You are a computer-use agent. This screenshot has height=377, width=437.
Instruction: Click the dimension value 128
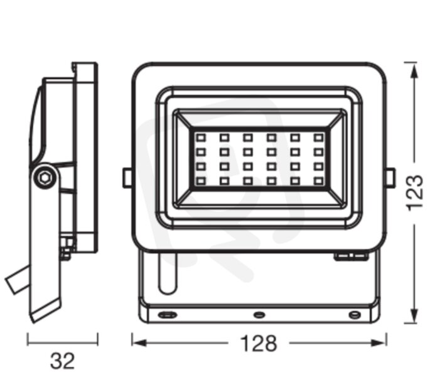(259, 343)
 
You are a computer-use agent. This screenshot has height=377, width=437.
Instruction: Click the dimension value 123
(414, 193)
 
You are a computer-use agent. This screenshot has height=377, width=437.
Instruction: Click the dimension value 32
(62, 361)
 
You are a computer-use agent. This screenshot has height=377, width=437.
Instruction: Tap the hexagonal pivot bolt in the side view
(45, 177)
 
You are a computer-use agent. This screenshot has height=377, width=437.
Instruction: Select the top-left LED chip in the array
(201, 138)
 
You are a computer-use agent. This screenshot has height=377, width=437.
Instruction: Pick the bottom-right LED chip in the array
(318, 181)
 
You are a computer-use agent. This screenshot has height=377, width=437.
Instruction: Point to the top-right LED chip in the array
(318, 138)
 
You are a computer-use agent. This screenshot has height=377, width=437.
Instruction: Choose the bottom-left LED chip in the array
(201, 181)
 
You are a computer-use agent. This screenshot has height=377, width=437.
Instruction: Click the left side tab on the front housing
(127, 178)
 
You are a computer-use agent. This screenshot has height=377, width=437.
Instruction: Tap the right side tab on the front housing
(390, 178)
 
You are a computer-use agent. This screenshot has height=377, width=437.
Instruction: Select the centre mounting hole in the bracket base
(259, 315)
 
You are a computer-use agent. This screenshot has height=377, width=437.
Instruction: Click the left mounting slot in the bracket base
(167, 315)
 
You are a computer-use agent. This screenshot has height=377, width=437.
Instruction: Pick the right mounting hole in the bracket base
(355, 315)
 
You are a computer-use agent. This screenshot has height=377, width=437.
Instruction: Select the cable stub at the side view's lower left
(18, 280)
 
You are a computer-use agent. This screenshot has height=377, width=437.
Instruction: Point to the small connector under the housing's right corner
(351, 256)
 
